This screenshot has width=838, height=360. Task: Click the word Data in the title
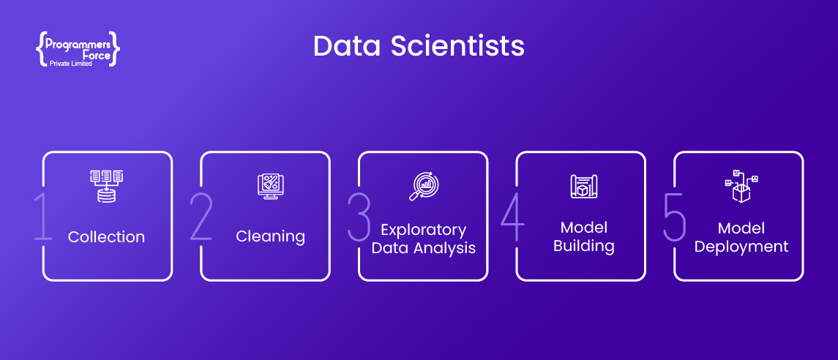[x=347, y=46]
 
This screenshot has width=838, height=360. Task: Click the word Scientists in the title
[x=457, y=46]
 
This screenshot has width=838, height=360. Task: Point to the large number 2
[x=201, y=217]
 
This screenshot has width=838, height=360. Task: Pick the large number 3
[x=359, y=217]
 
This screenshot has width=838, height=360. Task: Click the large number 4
[x=512, y=217]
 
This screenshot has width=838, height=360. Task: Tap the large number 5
[x=675, y=217]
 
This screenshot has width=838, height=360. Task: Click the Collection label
[x=106, y=236]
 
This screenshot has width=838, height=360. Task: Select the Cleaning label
[x=270, y=236]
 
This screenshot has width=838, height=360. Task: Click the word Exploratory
[x=423, y=230]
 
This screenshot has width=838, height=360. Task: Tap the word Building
[x=583, y=247]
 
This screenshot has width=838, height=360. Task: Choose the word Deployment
[x=741, y=247]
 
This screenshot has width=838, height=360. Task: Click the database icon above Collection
[x=106, y=186]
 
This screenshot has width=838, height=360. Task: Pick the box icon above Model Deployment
[x=741, y=186]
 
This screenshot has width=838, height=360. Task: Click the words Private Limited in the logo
[x=70, y=64]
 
